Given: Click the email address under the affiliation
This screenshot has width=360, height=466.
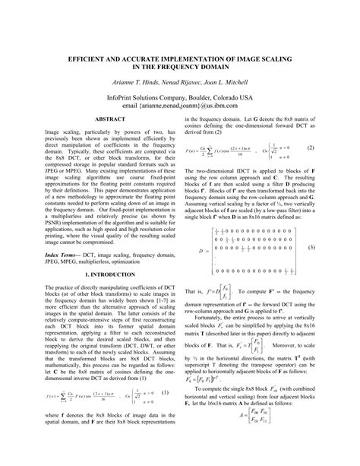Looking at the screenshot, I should [x=180, y=107].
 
